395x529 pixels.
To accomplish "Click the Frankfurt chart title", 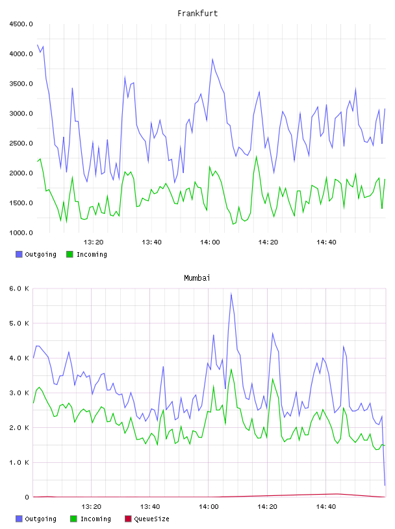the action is (x=197, y=14).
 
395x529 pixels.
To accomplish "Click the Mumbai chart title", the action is (x=197, y=278).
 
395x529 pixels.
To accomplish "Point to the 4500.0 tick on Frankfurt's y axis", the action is (x=21, y=24).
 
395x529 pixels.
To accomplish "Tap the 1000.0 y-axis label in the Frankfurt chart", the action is (x=21, y=233).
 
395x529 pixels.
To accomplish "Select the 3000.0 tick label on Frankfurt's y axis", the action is (x=21, y=113).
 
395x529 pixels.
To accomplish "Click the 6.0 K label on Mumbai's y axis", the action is (x=19, y=288).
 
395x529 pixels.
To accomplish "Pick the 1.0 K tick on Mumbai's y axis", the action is (x=19, y=462).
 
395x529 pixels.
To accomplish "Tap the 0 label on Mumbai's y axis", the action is (x=27, y=497).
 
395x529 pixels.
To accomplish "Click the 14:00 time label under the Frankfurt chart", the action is (x=210, y=242).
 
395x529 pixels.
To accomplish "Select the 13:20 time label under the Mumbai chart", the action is (x=92, y=507).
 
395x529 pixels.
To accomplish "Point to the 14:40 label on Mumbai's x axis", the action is (x=326, y=507).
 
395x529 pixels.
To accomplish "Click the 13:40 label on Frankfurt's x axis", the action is (x=151, y=242).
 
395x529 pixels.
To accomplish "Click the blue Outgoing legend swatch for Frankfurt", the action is (x=19, y=254).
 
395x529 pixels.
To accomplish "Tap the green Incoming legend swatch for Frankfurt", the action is (x=70, y=254).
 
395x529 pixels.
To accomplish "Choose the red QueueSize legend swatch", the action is (x=128, y=519).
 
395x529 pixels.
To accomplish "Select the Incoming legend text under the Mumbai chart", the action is (x=96, y=519).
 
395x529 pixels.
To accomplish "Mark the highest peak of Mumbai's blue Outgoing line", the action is (x=231, y=293).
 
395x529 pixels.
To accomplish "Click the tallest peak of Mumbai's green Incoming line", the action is (x=231, y=370).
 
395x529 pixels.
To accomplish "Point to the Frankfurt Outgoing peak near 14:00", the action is (x=212, y=59).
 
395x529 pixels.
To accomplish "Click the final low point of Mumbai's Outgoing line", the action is (x=385, y=486).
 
